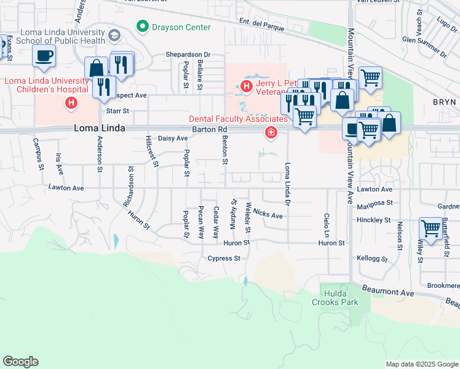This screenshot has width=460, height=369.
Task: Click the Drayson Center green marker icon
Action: [143, 27]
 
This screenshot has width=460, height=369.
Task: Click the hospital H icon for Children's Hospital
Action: [71, 102]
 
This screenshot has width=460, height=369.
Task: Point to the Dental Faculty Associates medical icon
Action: [270, 132]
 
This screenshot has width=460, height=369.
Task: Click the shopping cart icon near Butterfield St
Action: [430, 228]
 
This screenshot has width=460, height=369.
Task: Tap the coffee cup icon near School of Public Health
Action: [44, 56]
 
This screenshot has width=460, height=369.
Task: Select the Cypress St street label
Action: [224, 258]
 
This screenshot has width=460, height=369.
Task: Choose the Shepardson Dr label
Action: [188, 55]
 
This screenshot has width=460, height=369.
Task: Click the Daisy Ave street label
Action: [173, 139]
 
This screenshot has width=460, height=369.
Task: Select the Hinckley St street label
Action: [373, 220]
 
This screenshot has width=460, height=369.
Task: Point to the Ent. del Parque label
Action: [261, 26]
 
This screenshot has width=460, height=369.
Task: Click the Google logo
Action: [20, 362]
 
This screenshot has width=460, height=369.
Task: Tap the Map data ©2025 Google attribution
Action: [422, 364]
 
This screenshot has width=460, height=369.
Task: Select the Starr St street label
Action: [117, 111]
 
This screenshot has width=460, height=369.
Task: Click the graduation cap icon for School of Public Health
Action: [114, 36]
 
